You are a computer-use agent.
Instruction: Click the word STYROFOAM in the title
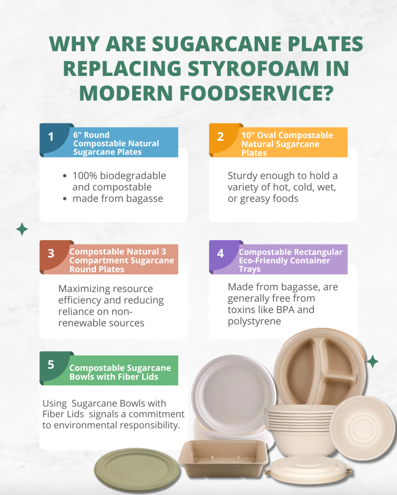253,68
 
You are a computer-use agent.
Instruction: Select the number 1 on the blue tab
51,137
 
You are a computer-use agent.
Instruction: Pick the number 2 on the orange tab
220,137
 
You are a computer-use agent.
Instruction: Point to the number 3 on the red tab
51,254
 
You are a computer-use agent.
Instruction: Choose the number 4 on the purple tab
220,254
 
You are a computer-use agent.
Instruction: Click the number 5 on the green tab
51,365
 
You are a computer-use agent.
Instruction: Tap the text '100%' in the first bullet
84,176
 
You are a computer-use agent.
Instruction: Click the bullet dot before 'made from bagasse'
65,199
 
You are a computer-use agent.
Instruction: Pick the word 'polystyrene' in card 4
254,322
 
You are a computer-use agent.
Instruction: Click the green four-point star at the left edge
22,229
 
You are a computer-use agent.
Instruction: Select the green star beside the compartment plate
373,362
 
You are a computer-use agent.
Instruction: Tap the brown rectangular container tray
223,459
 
